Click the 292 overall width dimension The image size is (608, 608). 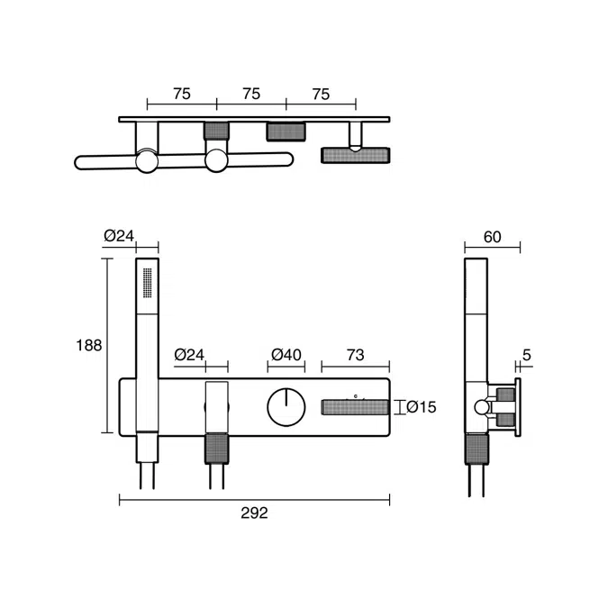coord(255,513)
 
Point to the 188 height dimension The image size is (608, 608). coord(89,345)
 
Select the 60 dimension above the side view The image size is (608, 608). coord(492,238)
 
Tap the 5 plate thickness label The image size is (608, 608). coord(526,355)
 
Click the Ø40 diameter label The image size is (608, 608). coord(286,355)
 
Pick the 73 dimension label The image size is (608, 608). coord(355,355)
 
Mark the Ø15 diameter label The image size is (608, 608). coord(421,408)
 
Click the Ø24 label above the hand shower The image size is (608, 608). coord(119,236)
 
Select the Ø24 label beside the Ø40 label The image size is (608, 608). coord(190,355)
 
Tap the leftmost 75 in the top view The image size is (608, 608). coord(181,94)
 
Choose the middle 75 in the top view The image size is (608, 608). coord(251,94)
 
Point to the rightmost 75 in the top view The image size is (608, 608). coord(321,94)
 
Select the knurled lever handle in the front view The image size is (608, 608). coord(357,407)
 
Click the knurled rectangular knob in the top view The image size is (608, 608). coord(286,132)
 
